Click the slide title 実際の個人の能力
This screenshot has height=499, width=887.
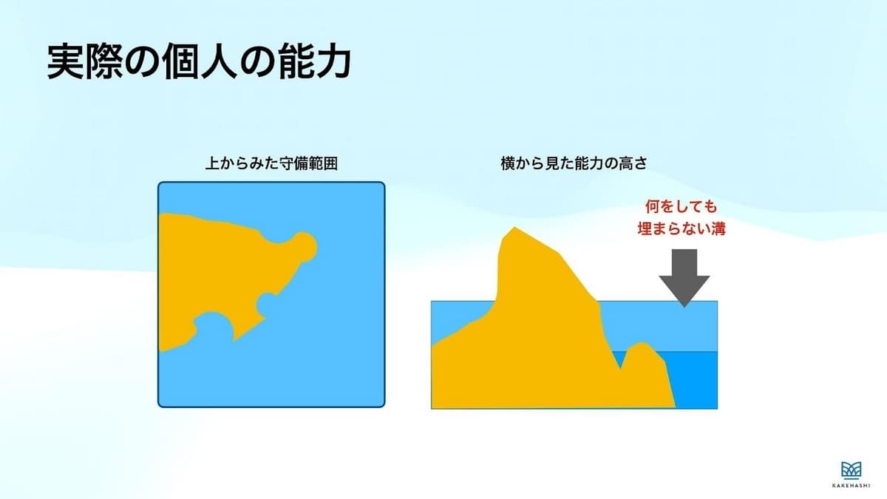[x=199, y=62]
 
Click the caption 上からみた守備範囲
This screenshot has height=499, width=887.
[x=272, y=163]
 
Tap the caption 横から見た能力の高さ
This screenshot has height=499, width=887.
[x=574, y=163]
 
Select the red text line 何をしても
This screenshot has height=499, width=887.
[x=682, y=207]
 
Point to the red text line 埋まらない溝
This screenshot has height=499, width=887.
[x=682, y=229]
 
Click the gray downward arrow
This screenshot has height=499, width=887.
[x=684, y=278]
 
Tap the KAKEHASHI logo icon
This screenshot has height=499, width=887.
[x=851, y=470]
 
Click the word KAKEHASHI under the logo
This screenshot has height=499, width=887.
[x=851, y=486]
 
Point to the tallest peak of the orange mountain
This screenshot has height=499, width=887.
[x=514, y=228]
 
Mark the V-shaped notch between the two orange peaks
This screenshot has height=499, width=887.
[x=620, y=367]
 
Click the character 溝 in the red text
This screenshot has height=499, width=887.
[x=718, y=229]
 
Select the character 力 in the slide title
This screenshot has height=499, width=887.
[x=334, y=62]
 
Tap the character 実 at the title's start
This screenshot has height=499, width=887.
[x=65, y=62]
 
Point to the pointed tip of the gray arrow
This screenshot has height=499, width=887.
[x=684, y=307]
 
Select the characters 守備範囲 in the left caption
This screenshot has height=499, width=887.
[x=308, y=163]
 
